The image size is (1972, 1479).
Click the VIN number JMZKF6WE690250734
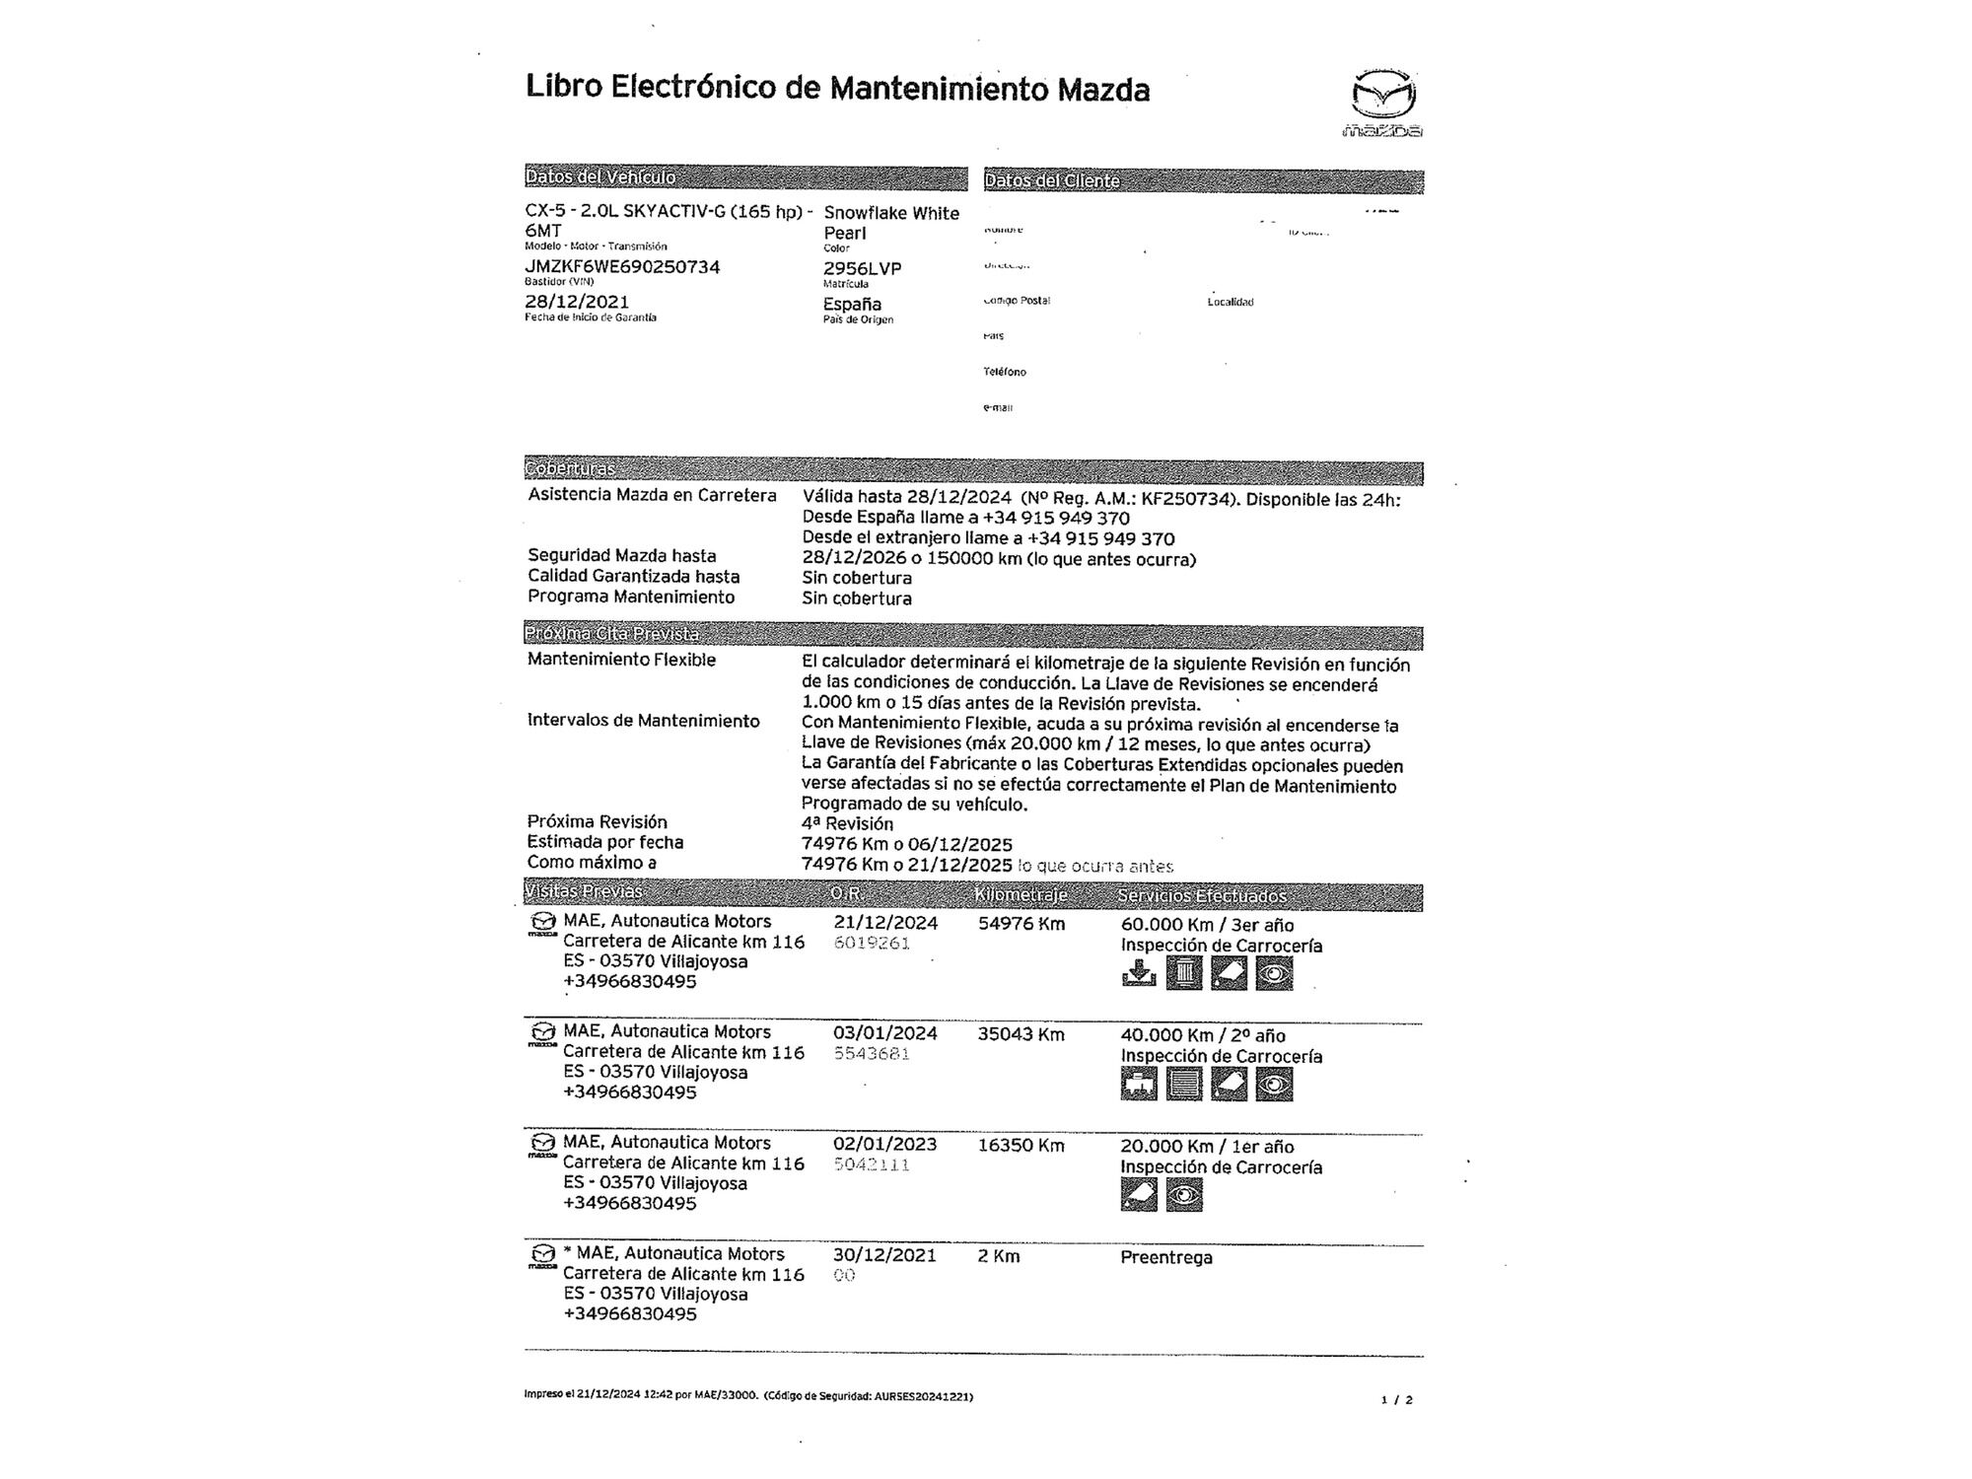(622, 267)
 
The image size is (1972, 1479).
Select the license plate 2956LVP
(862, 268)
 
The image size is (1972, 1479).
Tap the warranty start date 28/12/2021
(577, 302)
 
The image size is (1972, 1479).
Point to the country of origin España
(852, 304)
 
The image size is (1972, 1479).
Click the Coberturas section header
(570, 469)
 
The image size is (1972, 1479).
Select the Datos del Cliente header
(1051, 181)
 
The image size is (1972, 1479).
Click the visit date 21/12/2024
(885, 924)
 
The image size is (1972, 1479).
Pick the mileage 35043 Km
(1021, 1034)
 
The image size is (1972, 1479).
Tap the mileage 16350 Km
(1021, 1146)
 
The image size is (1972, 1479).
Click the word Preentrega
(1165, 1257)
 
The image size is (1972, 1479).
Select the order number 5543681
(872, 1054)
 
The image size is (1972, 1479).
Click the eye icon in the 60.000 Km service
(1274, 974)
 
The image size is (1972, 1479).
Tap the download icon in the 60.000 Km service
(1139, 974)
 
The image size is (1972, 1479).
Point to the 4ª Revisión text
(847, 823)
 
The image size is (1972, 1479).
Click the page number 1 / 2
(1396, 1399)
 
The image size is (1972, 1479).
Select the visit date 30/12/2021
(884, 1255)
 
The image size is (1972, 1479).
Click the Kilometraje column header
(1021, 895)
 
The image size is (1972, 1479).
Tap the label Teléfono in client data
(1004, 372)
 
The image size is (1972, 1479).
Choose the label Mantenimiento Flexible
(621, 660)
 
